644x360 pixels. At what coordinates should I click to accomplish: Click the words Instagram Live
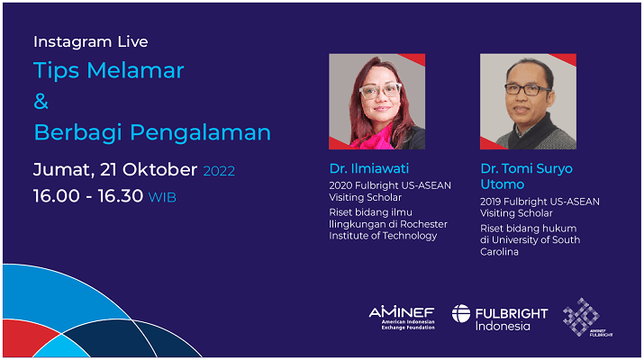(91, 42)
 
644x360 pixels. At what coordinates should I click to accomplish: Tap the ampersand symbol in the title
(41, 102)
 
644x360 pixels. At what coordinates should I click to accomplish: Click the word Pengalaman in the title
(201, 133)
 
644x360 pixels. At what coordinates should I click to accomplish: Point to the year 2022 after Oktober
(219, 171)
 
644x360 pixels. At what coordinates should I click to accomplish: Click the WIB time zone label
(162, 198)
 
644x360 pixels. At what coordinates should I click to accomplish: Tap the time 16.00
(57, 196)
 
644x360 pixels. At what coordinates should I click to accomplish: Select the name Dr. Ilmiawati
(369, 168)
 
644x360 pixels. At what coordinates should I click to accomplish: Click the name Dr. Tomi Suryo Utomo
(526, 176)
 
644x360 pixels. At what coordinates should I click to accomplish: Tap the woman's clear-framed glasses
(380, 90)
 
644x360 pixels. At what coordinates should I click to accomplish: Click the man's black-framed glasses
(527, 89)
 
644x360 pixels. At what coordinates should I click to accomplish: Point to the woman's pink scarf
(375, 138)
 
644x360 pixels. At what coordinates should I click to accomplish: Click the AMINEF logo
(402, 318)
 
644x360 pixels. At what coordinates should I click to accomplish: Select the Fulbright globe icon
(461, 313)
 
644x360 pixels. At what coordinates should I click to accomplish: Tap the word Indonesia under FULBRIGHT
(503, 327)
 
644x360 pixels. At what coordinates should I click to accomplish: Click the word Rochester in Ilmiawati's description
(424, 224)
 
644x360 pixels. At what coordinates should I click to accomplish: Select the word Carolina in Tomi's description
(499, 252)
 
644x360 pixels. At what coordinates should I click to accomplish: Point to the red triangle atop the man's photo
(566, 58)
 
